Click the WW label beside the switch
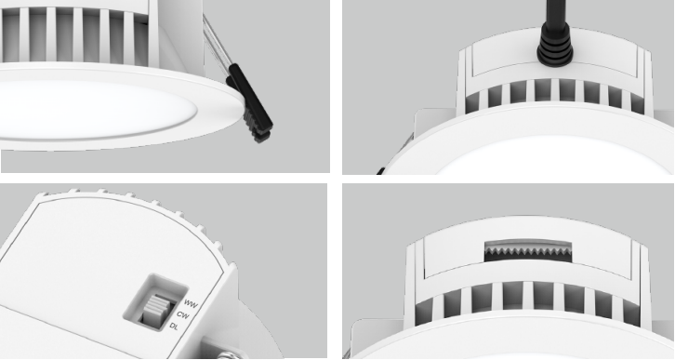(x=191, y=304)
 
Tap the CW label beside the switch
(x=183, y=315)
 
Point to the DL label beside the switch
(x=174, y=326)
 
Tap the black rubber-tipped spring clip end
(x=250, y=102)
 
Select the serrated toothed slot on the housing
(x=528, y=251)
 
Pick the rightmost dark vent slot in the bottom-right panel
(x=631, y=309)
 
